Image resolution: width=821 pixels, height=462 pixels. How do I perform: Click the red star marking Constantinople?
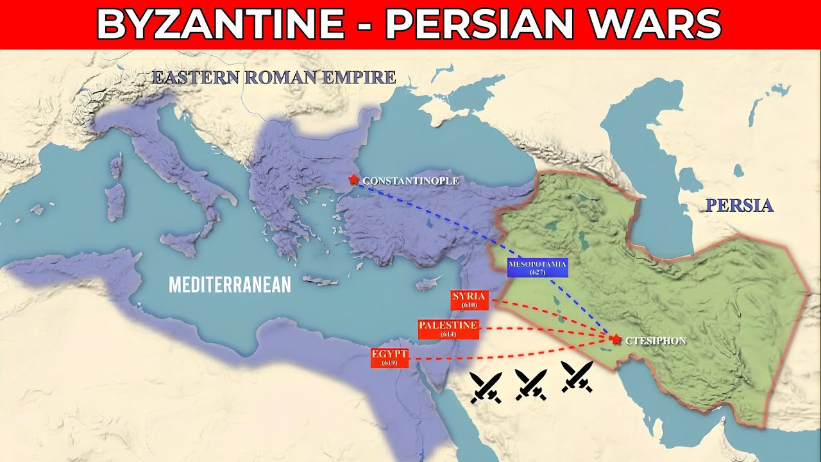353,180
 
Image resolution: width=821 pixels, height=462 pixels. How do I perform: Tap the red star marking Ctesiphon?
616,339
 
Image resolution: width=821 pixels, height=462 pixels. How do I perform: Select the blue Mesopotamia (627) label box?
537,268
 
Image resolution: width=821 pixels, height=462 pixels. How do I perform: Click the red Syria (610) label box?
470,300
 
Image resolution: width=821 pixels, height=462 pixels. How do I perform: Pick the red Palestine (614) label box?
448,329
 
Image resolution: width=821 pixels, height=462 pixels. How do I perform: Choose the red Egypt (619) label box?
389,357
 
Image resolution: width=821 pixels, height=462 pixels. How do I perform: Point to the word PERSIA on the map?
740,206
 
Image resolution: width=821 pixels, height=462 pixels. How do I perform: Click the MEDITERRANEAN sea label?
230,284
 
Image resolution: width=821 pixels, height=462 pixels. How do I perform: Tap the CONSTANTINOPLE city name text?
410,181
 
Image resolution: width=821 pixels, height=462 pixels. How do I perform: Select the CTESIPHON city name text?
655,341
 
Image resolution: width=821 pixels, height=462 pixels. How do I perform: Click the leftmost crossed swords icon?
486,388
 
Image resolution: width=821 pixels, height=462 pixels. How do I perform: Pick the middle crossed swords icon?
531,384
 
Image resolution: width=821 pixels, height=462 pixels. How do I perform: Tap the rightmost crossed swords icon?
577,376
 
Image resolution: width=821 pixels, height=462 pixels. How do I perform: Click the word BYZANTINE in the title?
220,24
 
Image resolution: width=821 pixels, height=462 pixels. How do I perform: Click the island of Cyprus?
429,284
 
